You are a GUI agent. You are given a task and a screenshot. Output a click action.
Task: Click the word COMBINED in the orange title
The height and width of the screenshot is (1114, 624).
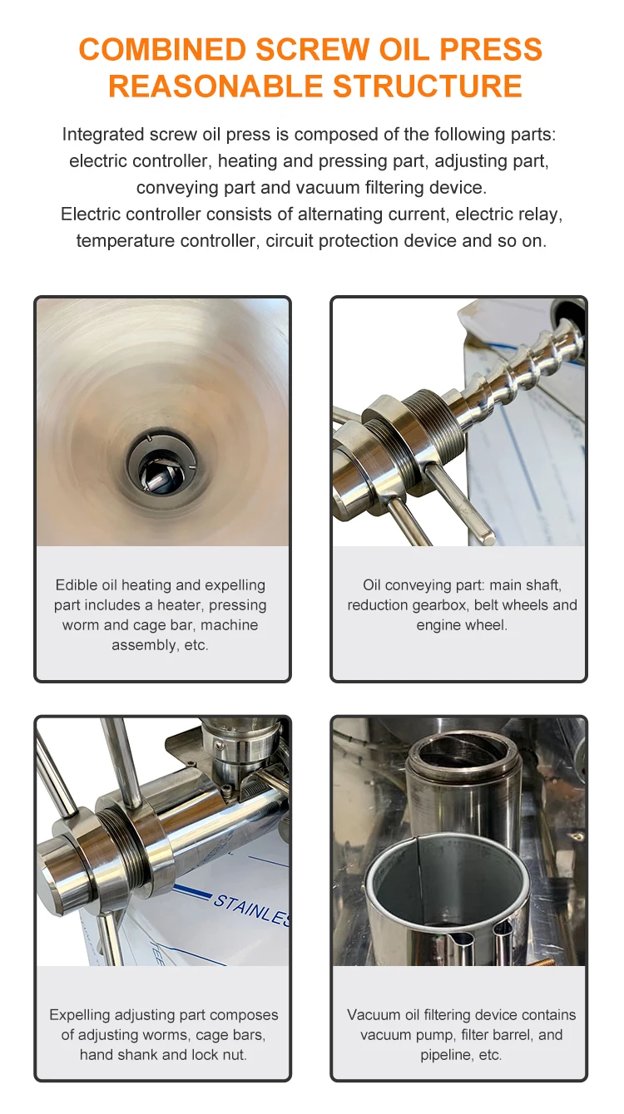(163, 50)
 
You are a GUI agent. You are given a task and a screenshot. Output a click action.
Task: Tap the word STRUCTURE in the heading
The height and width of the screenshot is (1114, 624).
(428, 86)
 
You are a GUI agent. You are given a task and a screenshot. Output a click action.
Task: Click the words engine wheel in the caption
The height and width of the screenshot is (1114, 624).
(462, 625)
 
